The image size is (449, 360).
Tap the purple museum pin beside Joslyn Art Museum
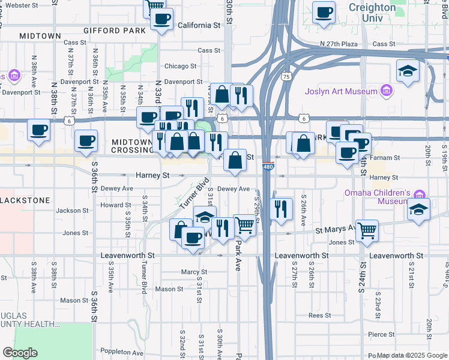coord(387,91)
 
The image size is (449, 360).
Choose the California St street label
coord(199,26)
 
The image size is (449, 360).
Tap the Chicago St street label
coord(181,66)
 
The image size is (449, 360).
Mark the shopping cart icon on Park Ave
coord(244,225)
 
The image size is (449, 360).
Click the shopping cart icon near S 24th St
coord(366,229)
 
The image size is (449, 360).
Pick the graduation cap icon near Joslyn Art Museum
coord(408,70)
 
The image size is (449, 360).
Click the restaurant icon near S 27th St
coord(280,208)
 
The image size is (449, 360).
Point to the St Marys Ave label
coord(336,230)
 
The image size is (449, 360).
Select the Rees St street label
coord(319,315)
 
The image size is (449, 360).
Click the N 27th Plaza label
coord(339,44)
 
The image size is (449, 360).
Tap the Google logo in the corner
coord(20,353)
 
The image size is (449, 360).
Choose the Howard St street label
coord(111,205)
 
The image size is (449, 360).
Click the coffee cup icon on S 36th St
coord(86,141)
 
